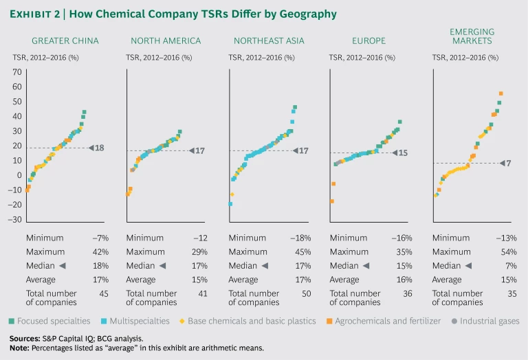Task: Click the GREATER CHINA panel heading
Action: tap(65, 41)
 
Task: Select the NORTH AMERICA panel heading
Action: tap(166, 41)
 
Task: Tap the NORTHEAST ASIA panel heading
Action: tap(267, 41)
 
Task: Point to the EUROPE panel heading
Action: tap(370, 41)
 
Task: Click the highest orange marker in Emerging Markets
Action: tap(501, 93)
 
